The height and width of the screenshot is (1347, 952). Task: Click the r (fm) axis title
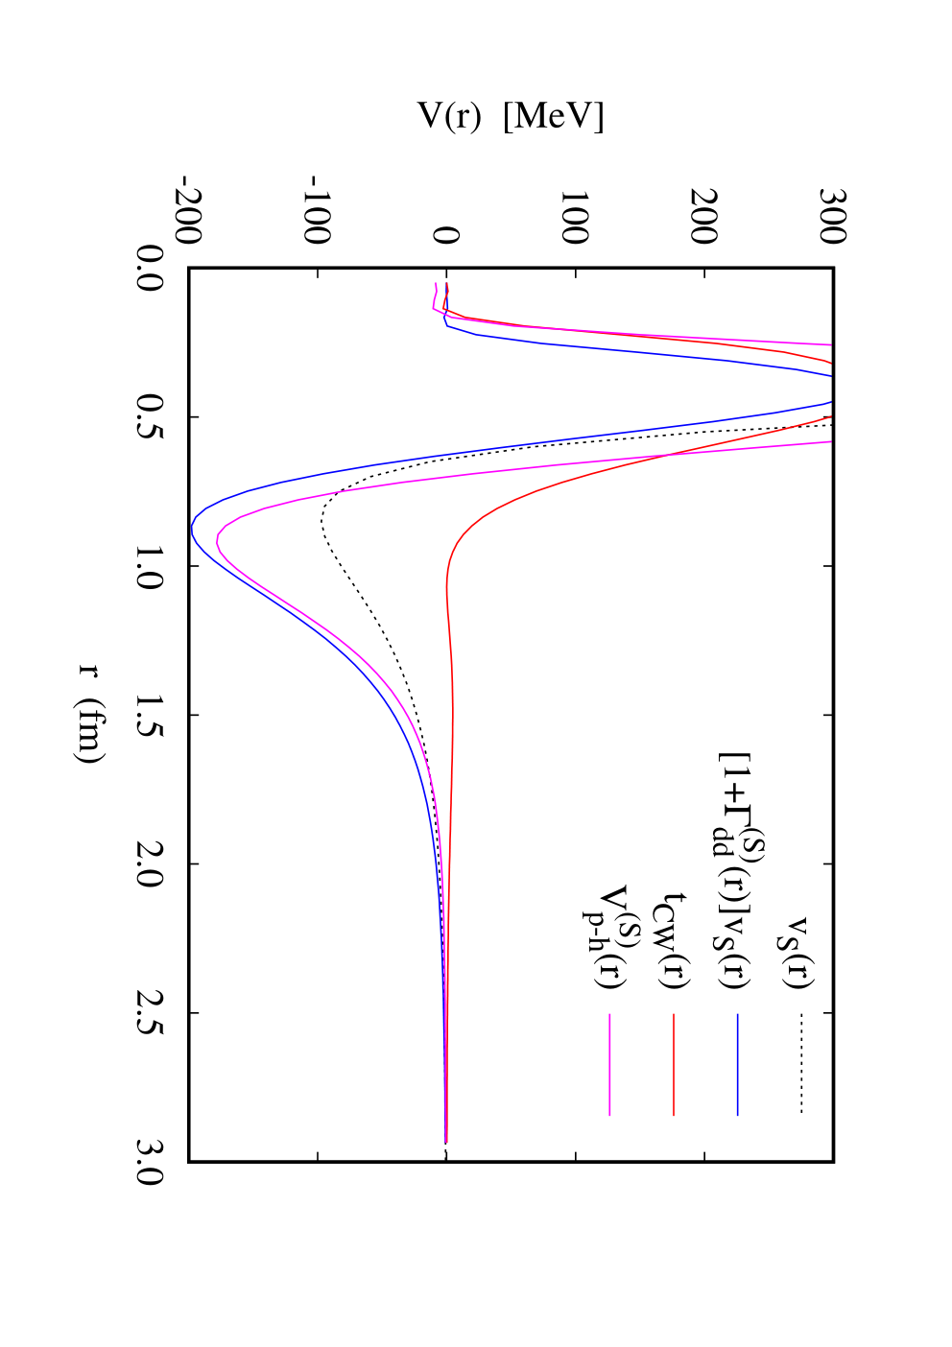[x=91, y=714]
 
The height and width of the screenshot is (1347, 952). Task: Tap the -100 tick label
[x=317, y=210]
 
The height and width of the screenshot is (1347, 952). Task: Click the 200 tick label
[x=703, y=217]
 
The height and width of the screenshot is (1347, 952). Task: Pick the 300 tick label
[x=833, y=217]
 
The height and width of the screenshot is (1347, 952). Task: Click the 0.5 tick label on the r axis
[x=151, y=416]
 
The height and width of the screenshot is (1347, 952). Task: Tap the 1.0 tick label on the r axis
[x=151, y=565]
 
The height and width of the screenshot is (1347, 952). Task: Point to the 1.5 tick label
[x=151, y=715]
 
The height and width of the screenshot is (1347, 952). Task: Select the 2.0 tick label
[x=151, y=864]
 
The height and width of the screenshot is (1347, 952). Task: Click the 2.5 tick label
[x=151, y=1013]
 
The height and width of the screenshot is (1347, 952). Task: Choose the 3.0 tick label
[x=151, y=1163]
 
